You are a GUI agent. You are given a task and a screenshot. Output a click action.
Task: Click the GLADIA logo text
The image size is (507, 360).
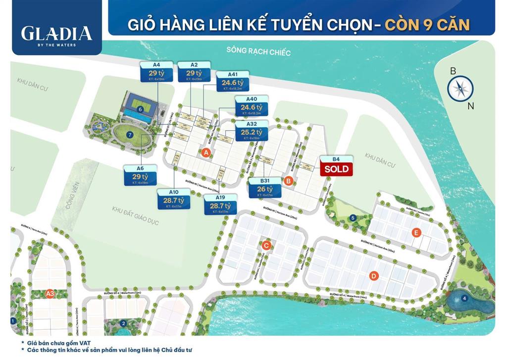point(56,34)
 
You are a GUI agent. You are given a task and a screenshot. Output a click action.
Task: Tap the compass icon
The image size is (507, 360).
point(460,89)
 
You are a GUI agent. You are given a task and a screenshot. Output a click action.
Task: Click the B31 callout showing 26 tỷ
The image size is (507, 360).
point(265,189)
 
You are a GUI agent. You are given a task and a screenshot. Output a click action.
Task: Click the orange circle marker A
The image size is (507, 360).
point(206,153)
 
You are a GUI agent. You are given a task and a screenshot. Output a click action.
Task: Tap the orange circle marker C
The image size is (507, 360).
point(266,245)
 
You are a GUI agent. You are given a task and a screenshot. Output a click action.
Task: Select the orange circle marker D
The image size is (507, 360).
point(374,276)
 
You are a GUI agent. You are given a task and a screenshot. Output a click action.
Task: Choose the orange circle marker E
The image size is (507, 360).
point(416,232)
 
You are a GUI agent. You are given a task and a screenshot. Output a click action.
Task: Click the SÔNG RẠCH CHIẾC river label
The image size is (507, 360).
point(258,51)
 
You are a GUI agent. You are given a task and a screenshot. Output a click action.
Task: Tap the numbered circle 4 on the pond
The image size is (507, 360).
point(464,298)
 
